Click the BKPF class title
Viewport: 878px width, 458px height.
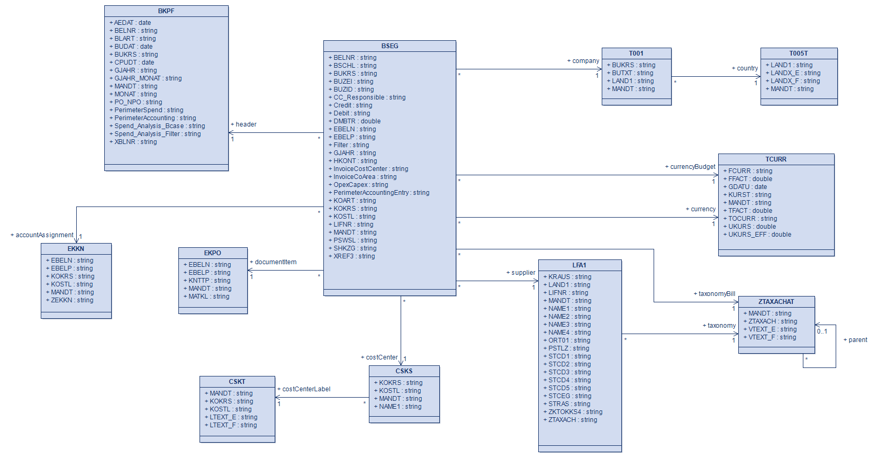click(166, 11)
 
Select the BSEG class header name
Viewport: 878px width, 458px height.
click(390, 46)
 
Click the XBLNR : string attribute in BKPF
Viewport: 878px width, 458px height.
click(135, 142)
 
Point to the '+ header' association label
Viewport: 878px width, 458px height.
click(243, 124)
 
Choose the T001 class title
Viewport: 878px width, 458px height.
click(636, 53)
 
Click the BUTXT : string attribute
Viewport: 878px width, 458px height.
click(632, 73)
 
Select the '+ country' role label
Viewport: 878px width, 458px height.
click(745, 68)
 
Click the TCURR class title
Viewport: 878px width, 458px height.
click(776, 159)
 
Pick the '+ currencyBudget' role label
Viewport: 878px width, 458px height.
click(690, 167)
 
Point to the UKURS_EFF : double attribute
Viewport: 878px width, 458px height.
click(759, 235)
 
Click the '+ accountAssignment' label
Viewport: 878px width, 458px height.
click(42, 235)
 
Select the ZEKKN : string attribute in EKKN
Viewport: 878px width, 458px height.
click(72, 300)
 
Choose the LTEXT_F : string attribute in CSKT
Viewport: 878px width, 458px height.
click(233, 425)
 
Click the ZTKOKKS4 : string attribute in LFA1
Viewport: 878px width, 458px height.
click(575, 412)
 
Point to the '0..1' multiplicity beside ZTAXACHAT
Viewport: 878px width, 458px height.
click(822, 331)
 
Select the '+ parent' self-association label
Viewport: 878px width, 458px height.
click(855, 340)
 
